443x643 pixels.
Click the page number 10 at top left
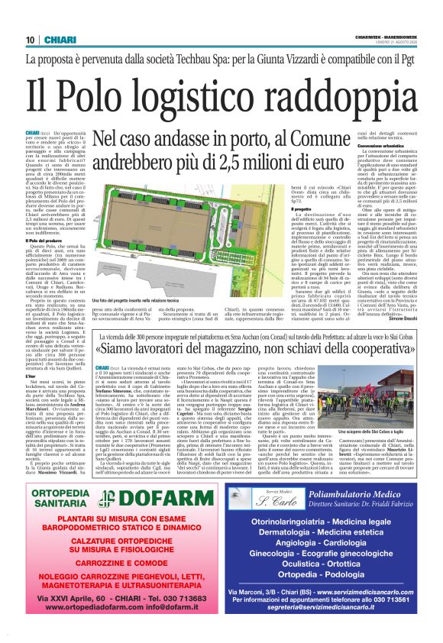click(30, 40)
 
